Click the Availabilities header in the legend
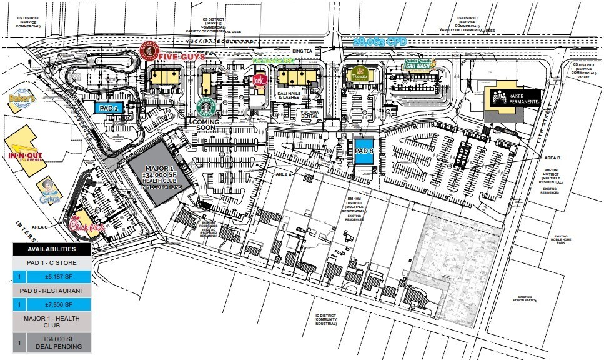[x=52, y=249]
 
